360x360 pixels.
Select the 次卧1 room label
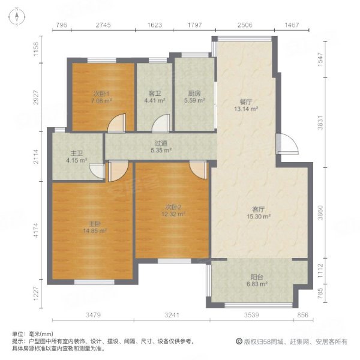point(100,94)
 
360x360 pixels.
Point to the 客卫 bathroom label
point(154,94)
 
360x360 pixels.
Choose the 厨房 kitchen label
point(193,94)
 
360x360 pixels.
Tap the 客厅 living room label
point(259,209)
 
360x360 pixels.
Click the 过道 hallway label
point(160,143)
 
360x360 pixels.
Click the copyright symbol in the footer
point(239,341)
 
